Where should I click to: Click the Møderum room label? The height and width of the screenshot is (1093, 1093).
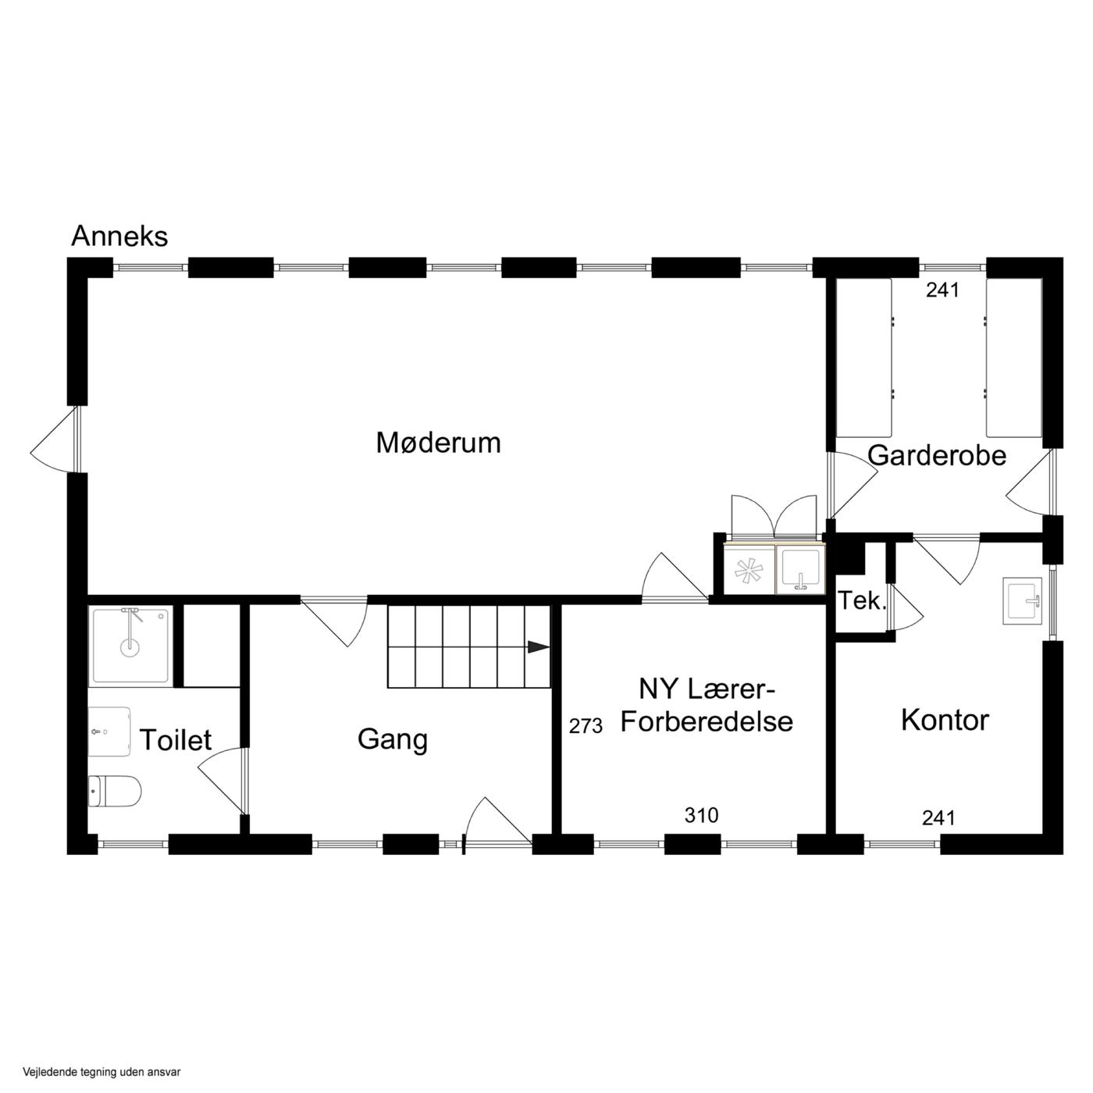tap(439, 443)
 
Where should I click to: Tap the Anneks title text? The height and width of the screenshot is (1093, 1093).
tap(119, 236)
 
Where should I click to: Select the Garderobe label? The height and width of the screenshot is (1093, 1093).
tap(937, 455)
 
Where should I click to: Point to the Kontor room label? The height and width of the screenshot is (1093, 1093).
tap(945, 721)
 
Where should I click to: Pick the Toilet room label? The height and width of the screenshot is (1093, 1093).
tap(176, 739)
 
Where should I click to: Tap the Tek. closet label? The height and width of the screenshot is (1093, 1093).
tap(862, 601)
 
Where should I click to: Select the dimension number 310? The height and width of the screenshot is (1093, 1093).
tap(702, 815)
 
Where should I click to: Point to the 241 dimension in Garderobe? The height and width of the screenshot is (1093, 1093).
tap(942, 290)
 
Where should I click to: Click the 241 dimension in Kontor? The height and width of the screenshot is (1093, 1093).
tap(938, 817)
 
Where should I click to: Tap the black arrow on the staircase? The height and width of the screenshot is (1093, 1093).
tap(539, 647)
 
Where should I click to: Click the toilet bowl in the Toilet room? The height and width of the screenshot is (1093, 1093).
tap(115, 791)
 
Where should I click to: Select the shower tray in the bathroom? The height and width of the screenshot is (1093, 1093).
tap(131, 646)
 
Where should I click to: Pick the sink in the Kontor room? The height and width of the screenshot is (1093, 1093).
tap(1023, 601)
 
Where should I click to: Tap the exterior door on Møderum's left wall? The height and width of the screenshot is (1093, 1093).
tap(57, 439)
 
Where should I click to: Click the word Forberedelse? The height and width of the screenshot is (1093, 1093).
tap(707, 721)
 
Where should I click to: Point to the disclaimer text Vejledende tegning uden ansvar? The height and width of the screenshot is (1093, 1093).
tap(101, 1056)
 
